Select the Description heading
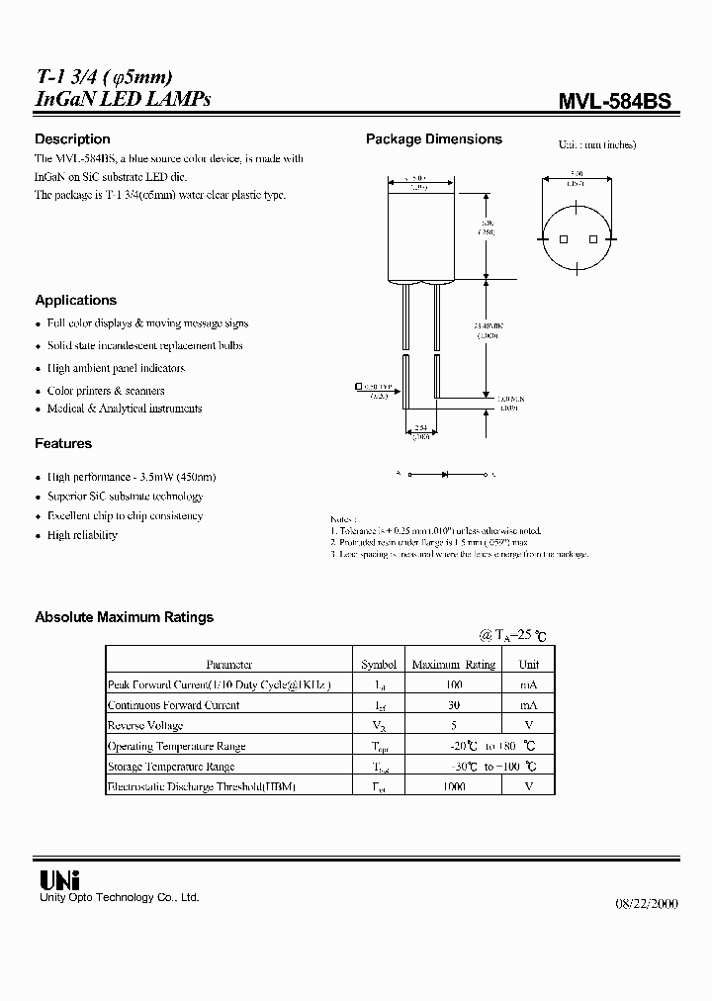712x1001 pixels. click(72, 139)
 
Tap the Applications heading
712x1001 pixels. click(75, 300)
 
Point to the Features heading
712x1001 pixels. click(63, 444)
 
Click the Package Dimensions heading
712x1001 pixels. click(434, 139)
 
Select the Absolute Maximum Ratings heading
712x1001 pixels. click(124, 617)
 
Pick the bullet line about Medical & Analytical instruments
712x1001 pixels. click(124, 409)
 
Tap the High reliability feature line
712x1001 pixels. click(82, 535)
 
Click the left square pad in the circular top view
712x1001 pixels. click(564, 240)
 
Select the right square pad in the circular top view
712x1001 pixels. click(592, 240)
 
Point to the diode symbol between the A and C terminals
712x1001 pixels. click(445, 475)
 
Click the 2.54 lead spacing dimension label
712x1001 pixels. click(421, 430)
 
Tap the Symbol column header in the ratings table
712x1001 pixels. click(379, 665)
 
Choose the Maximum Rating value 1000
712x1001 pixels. click(453, 786)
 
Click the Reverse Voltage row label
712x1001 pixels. click(144, 726)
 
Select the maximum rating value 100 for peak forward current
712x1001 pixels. click(453, 685)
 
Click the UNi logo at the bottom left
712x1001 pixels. click(58, 879)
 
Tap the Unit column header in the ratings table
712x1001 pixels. click(529, 665)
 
